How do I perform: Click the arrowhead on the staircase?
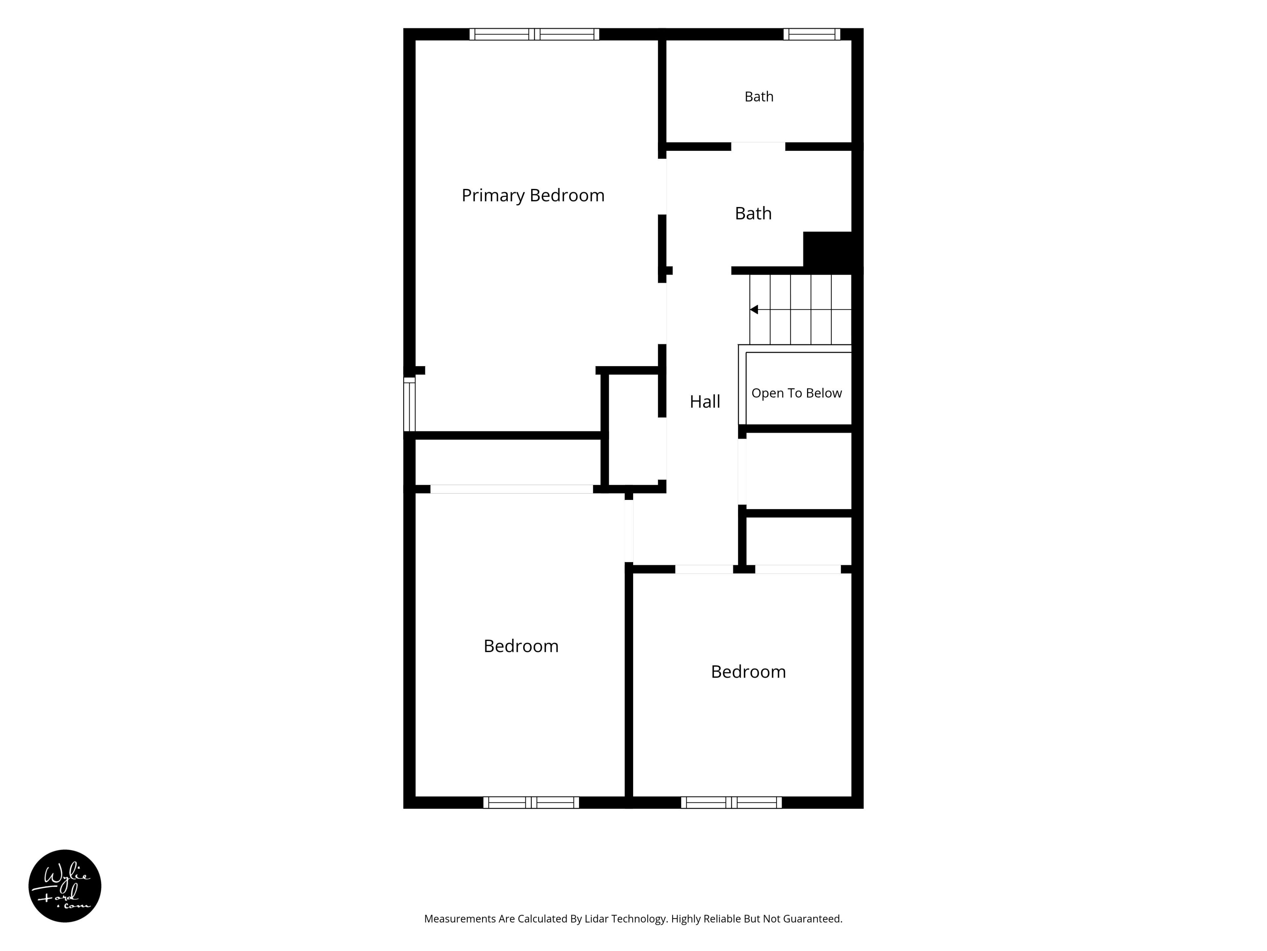(x=754, y=309)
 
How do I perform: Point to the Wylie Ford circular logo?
(x=65, y=886)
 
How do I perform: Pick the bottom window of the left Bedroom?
(x=531, y=802)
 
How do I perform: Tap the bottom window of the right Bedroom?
(x=731, y=802)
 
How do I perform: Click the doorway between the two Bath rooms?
(x=758, y=147)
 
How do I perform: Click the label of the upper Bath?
(x=759, y=97)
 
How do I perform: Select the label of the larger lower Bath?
(x=753, y=213)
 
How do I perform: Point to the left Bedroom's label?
(x=521, y=646)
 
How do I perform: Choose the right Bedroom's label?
(x=748, y=672)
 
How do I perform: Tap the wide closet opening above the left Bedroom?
(x=511, y=489)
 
